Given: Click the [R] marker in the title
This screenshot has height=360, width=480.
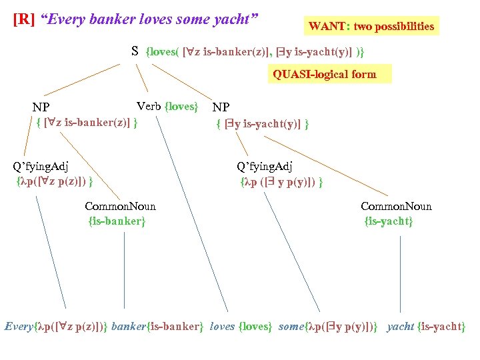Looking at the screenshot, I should [24, 19].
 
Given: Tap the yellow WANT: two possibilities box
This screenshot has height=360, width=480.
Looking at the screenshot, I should [371, 27].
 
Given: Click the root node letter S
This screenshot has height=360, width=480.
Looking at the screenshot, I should [135, 51].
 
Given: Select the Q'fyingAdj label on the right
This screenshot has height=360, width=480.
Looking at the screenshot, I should [265, 166].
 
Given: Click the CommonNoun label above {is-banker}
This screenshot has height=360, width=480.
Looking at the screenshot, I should [120, 206].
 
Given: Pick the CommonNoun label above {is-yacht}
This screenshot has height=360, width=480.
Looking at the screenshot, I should [396, 206].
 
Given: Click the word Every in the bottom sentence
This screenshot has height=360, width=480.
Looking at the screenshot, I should [18, 327].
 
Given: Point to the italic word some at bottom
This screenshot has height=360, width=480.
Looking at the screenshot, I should [291, 327].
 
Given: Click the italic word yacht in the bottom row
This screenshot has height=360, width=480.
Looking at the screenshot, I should [400, 327].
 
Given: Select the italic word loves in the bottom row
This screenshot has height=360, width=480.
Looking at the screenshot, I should [222, 327].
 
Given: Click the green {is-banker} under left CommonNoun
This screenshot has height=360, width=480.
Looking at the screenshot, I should [117, 221].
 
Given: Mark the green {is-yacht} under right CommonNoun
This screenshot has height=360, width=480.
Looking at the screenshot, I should [389, 221].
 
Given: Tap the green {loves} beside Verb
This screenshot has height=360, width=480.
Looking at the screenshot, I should [181, 106].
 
